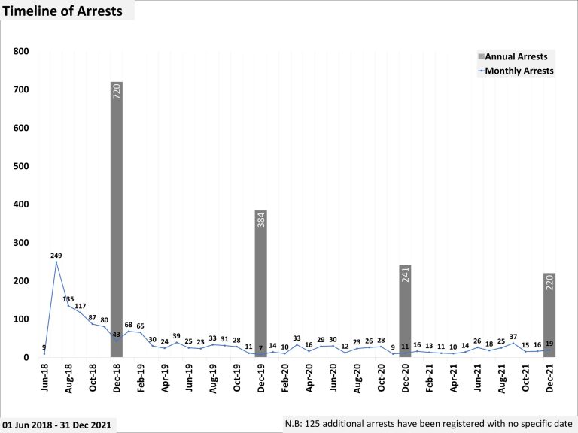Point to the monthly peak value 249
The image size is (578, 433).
click(56, 256)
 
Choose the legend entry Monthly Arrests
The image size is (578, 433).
click(520, 71)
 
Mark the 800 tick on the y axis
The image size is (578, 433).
click(21, 52)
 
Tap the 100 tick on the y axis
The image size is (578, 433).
click(21, 319)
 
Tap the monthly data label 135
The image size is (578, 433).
click(68, 299)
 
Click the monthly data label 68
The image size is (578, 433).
click(128, 325)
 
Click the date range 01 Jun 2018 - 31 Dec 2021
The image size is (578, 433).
click(58, 425)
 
